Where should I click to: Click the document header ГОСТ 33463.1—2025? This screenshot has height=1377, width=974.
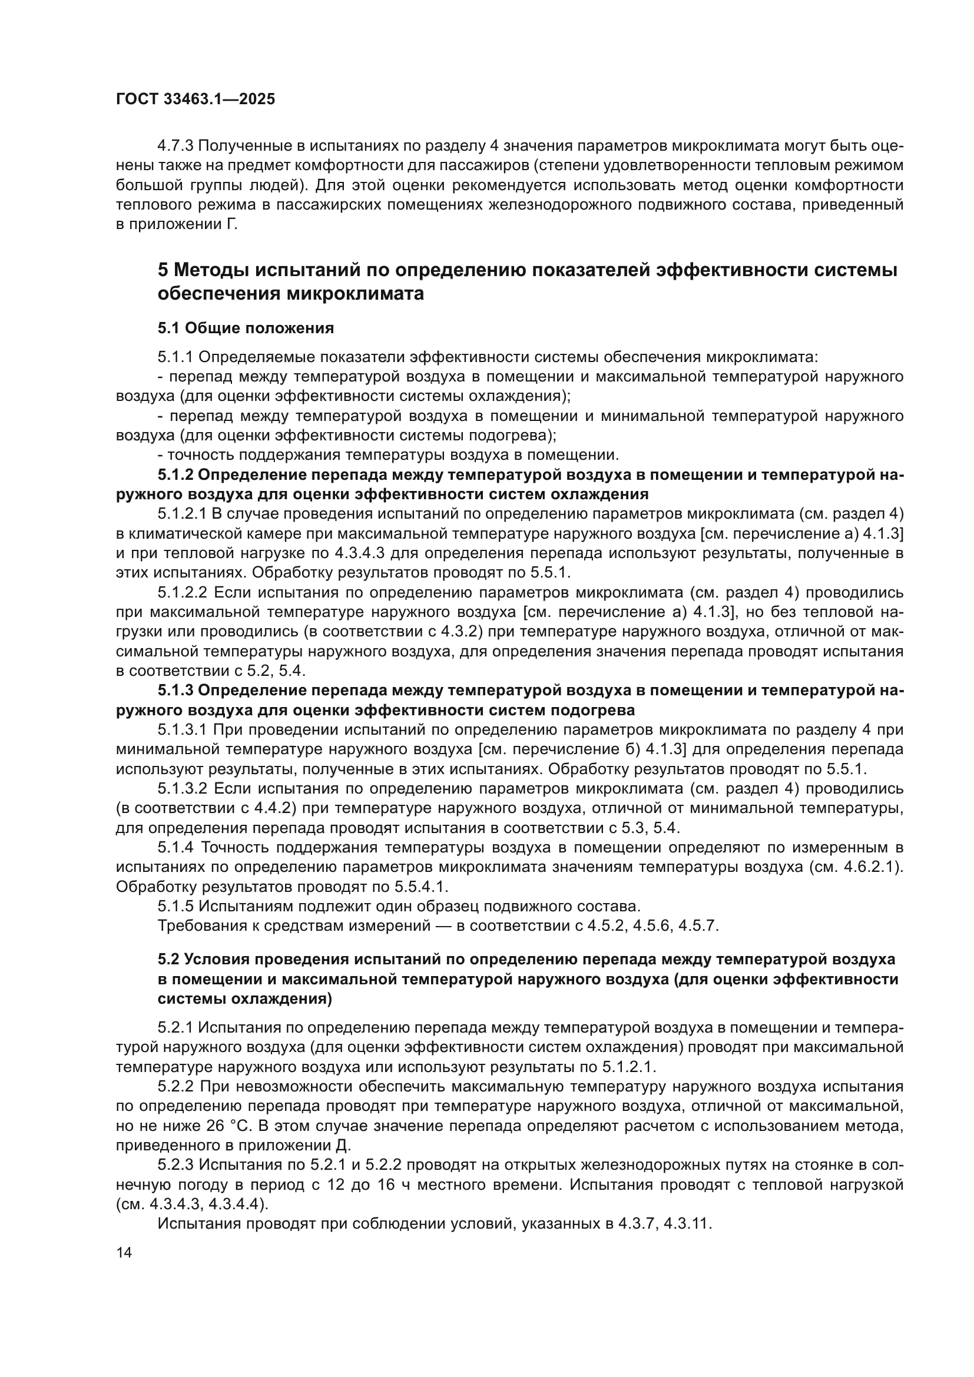[x=195, y=99]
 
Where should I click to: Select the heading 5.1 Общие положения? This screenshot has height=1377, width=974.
[x=246, y=328]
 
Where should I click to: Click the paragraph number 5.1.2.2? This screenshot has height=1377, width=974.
[x=183, y=593]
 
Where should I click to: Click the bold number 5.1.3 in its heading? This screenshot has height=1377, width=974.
[x=175, y=691]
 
